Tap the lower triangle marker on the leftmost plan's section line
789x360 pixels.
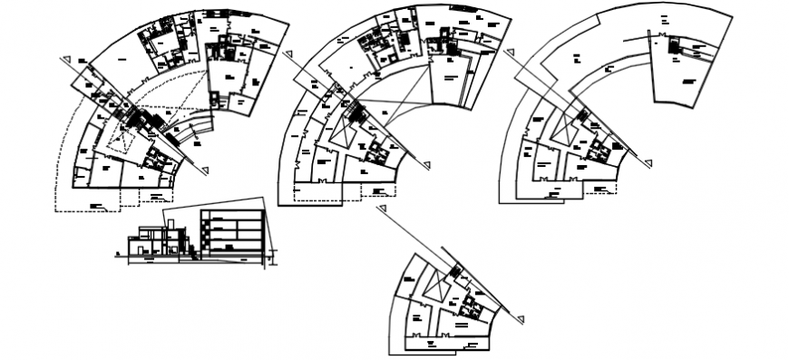tap(207, 169)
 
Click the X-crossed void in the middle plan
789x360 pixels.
tap(345, 132)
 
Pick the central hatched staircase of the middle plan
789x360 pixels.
tap(356, 113)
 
